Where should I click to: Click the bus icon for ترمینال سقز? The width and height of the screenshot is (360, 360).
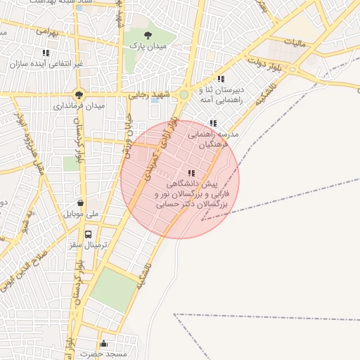(88, 234)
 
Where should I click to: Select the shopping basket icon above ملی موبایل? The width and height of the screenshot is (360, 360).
(82, 202)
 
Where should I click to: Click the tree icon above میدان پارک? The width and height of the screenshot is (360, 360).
(147, 34)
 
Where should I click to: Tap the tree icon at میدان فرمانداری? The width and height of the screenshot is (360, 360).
(79, 95)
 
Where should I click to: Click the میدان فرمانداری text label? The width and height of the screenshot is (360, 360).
(78, 106)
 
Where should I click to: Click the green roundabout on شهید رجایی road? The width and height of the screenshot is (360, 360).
(184, 94)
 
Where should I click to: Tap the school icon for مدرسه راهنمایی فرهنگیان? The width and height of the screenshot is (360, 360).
(214, 123)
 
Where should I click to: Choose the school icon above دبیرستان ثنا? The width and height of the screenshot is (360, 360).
(221, 79)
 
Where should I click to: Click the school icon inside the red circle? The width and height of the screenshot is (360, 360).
(191, 173)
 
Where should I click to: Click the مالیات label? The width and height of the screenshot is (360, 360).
(295, 43)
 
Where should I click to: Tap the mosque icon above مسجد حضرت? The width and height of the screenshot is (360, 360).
(103, 343)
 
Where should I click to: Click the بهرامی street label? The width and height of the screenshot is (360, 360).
(49, 32)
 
